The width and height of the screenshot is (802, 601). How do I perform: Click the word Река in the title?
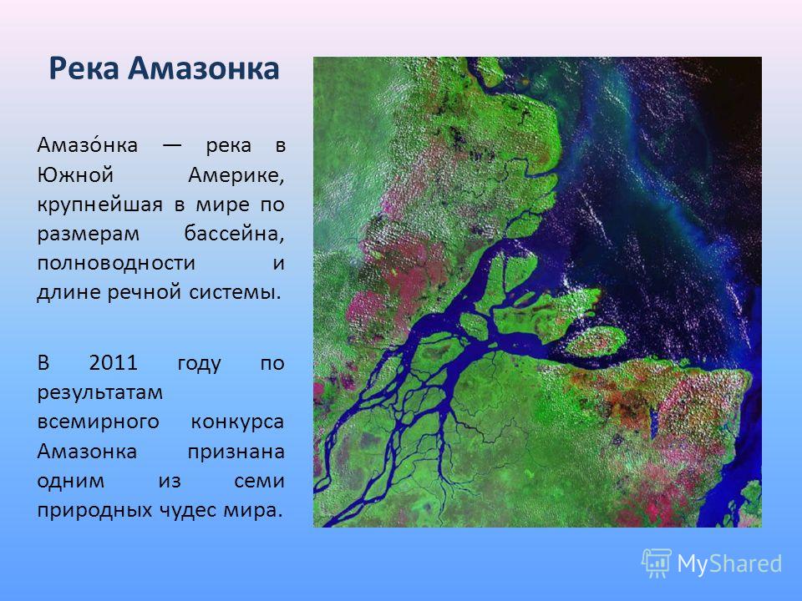[x=84, y=68]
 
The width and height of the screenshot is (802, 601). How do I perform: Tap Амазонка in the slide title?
[x=204, y=68]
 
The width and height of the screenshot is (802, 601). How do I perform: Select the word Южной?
[x=74, y=174]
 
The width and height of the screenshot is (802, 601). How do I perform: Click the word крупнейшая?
[x=99, y=205]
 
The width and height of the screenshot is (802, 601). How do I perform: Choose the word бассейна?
[x=234, y=234]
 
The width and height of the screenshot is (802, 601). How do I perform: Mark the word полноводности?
[x=116, y=263]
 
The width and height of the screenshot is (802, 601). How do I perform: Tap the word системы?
[x=236, y=293]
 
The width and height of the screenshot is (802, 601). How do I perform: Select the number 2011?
[x=114, y=363]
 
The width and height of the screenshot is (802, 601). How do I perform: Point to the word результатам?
[x=99, y=393]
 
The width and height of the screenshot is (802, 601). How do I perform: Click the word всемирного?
[x=99, y=422]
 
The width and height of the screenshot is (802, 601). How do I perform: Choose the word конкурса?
[x=238, y=422]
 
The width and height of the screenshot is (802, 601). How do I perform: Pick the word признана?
[x=236, y=452]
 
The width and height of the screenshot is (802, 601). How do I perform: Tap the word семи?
[x=259, y=482]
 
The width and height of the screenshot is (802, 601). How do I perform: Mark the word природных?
[x=94, y=511]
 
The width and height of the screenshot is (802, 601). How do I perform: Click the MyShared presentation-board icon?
[x=657, y=563]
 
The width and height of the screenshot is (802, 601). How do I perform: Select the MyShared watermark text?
[x=729, y=564]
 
